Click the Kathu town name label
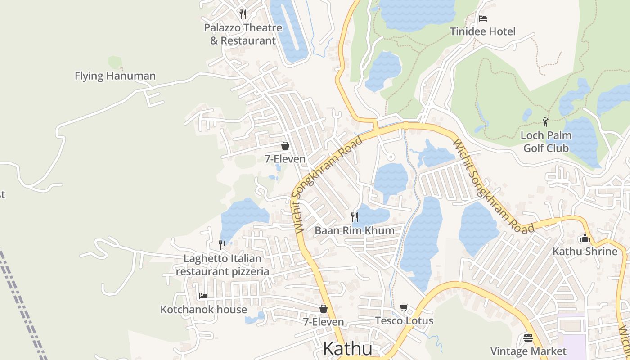(x=348, y=349)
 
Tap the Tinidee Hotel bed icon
(x=483, y=18)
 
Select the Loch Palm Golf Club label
(x=546, y=142)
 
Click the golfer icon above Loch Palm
(x=545, y=121)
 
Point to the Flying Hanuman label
(x=115, y=76)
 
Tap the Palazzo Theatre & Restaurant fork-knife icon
(x=243, y=14)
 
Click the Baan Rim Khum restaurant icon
(x=355, y=217)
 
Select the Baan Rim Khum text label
(x=355, y=231)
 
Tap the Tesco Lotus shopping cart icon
(x=404, y=308)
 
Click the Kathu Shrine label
(x=585, y=252)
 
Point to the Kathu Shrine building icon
(x=585, y=238)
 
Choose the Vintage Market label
(x=528, y=351)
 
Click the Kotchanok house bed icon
(x=203, y=296)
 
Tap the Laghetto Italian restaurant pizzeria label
(x=223, y=265)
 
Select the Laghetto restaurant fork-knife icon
(x=222, y=245)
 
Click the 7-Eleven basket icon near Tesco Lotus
(x=323, y=309)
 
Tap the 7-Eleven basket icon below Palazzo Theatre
(x=285, y=146)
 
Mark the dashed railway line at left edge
(x=22, y=306)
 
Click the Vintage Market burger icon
(x=528, y=337)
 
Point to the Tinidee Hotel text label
(x=483, y=31)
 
